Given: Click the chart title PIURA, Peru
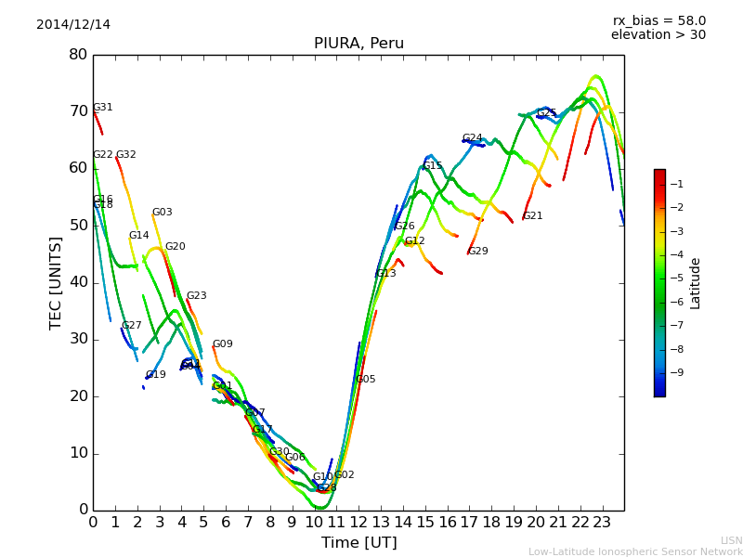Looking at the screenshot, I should (x=358, y=44).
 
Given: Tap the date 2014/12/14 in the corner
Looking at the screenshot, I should (x=73, y=25).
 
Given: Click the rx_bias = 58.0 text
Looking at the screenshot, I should (x=659, y=21).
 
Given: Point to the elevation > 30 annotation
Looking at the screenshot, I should (x=658, y=35).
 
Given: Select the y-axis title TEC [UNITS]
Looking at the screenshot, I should (x=56, y=282).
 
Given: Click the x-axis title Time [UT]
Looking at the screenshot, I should (x=358, y=543).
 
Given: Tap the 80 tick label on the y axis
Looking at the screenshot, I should (x=78, y=55).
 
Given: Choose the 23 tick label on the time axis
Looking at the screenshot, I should (x=602, y=523).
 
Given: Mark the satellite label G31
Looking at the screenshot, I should (x=103, y=108).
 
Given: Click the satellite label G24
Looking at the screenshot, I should (x=473, y=138).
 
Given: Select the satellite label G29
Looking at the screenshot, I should (x=478, y=252).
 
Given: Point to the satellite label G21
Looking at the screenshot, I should (x=533, y=216).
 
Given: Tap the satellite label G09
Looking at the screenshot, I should (x=223, y=344).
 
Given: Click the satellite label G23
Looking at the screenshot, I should (x=197, y=296).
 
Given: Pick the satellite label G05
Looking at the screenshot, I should (x=366, y=380).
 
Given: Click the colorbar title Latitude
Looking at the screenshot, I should (x=696, y=283).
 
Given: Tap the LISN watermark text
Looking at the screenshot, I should (x=732, y=540).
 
